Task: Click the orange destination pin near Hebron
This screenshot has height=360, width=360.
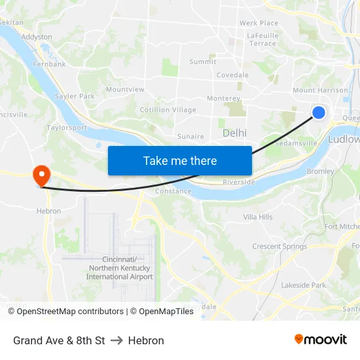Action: pyautogui.click(x=41, y=175)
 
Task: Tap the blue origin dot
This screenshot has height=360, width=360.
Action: pyautogui.click(x=319, y=113)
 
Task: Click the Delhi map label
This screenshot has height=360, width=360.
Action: pyautogui.click(x=234, y=133)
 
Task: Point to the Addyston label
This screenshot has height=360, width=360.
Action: pyautogui.click(x=37, y=37)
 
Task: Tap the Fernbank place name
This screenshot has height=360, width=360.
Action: pyautogui.click(x=50, y=64)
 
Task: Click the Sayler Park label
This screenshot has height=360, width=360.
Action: pyautogui.click(x=75, y=96)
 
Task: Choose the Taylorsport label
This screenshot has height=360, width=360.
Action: pyautogui.click(x=67, y=128)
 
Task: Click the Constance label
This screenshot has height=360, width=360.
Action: pyautogui.click(x=173, y=191)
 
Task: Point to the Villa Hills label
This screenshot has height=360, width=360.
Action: pyautogui.click(x=258, y=217)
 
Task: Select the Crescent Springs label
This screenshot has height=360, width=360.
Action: pyautogui.click(x=279, y=247)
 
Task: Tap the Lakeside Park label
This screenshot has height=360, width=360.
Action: pyautogui.click(x=303, y=285)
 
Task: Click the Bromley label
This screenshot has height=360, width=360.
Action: pyautogui.click(x=320, y=171)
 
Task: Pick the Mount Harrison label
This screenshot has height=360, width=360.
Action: pyautogui.click(x=320, y=90)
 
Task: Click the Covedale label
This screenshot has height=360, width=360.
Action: pyautogui.click(x=232, y=75)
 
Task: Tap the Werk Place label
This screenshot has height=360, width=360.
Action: pyautogui.click(x=259, y=23)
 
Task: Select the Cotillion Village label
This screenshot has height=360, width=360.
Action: pyautogui.click(x=168, y=110)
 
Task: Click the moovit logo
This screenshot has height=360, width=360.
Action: pyautogui.click(x=321, y=340)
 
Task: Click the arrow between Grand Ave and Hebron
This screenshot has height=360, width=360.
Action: pyautogui.click(x=117, y=340)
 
